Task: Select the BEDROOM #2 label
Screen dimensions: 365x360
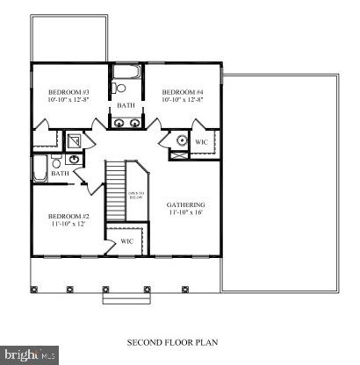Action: click(69, 216)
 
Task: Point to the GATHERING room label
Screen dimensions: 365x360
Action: click(186, 204)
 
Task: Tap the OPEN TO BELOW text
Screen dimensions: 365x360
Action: click(137, 195)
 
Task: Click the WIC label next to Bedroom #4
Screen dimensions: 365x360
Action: click(201, 141)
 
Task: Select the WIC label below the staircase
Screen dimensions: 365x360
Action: click(126, 240)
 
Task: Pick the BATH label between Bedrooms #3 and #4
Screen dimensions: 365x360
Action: click(126, 106)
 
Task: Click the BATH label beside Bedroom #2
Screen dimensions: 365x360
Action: click(60, 174)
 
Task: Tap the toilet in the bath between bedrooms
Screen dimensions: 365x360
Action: click(120, 89)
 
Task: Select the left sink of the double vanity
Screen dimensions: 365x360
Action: click(119, 124)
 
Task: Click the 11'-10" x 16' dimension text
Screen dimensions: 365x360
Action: click(186, 213)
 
